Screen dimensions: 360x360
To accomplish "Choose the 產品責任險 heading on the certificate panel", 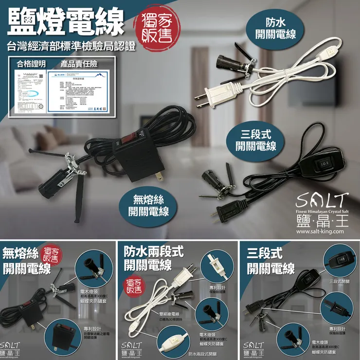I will point(78,64).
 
